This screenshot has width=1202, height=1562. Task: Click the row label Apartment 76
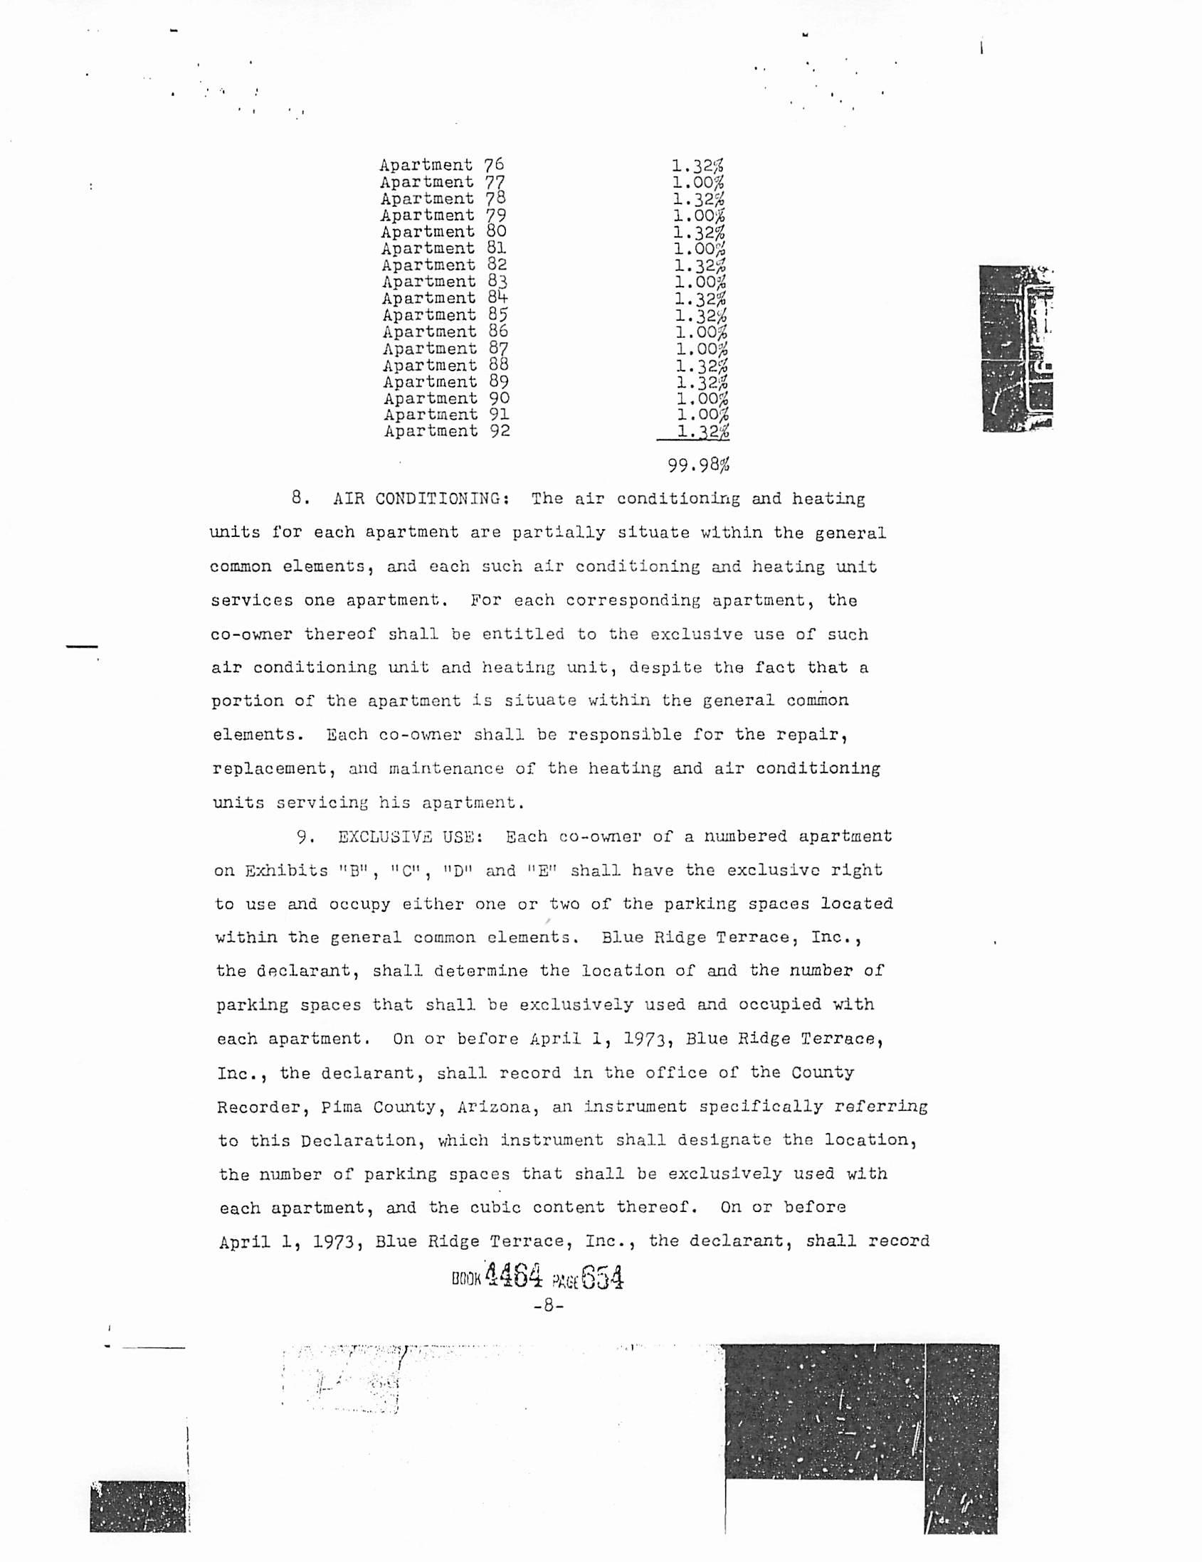tap(441, 165)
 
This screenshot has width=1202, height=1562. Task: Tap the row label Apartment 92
tap(446, 431)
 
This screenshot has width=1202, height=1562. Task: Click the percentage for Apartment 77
tap(697, 182)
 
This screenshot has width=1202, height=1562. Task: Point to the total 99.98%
tap(698, 466)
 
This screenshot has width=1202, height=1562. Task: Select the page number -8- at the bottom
tap(549, 1305)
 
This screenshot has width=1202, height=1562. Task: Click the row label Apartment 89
tap(446, 382)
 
